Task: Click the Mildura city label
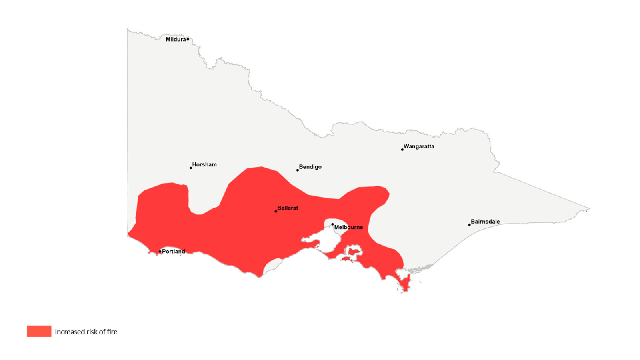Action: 176,40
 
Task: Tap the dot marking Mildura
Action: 188,40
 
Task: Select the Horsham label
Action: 204,164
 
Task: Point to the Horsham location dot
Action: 191,168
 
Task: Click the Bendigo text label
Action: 310,167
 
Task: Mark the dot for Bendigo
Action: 298,170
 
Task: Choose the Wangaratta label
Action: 419,146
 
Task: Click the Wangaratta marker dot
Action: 402,150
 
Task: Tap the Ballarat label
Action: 288,208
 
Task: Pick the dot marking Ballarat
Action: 276,211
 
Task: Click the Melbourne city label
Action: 348,227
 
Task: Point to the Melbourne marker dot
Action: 332,224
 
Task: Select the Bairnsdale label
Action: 485,222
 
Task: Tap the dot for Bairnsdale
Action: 470,225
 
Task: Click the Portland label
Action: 174,252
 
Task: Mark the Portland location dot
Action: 160,252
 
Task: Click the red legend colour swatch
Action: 39,331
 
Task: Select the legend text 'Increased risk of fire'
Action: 86,332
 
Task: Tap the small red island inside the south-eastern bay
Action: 353,252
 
